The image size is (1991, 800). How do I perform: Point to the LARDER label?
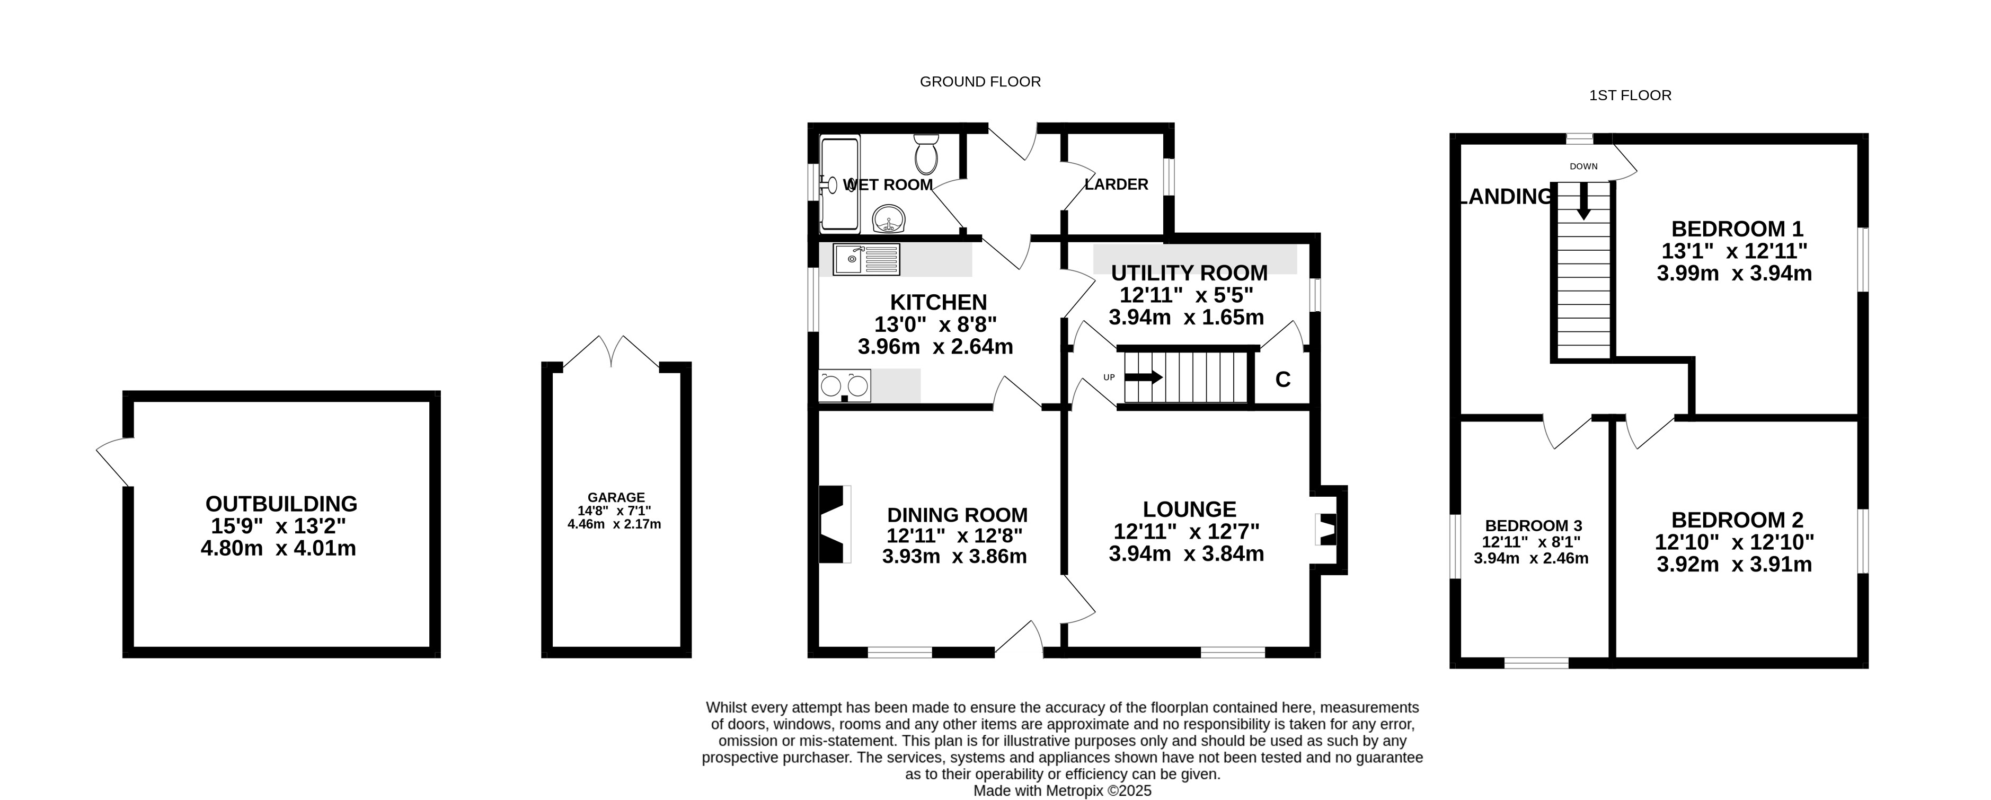(x=1116, y=184)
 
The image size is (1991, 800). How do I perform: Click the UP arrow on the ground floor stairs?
(x=1143, y=377)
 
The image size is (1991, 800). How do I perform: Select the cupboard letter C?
(x=1283, y=380)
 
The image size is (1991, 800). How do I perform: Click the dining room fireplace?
(x=834, y=524)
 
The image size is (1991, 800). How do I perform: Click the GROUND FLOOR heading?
(x=980, y=81)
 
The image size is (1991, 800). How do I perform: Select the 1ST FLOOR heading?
(x=1630, y=95)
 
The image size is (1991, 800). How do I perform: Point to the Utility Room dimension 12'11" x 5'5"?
(x=1187, y=294)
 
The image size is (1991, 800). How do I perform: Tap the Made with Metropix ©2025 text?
(x=1062, y=791)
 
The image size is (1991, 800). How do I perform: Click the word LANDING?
(x=1506, y=196)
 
